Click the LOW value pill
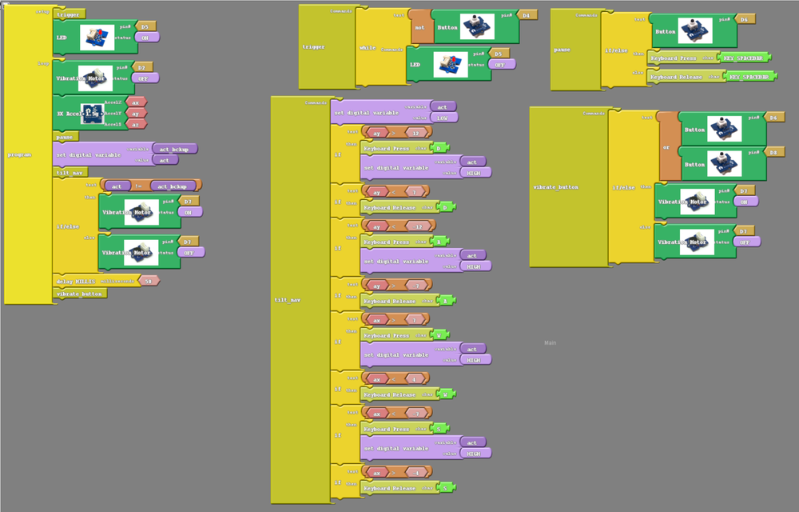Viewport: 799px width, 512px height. pos(442,118)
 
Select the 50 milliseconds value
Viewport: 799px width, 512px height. pos(147,281)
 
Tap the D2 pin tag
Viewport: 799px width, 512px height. pos(140,67)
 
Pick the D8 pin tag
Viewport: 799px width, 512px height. pos(772,152)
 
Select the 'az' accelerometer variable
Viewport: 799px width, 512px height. pos(135,123)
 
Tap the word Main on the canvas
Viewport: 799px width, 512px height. pos(550,343)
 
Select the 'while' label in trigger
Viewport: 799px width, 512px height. pos(368,48)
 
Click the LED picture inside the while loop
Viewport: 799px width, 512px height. pos(451,64)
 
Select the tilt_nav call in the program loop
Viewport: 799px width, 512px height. pos(69,172)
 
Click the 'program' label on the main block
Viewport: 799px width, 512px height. pos(18,154)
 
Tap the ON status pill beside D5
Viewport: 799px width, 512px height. pos(146,37)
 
